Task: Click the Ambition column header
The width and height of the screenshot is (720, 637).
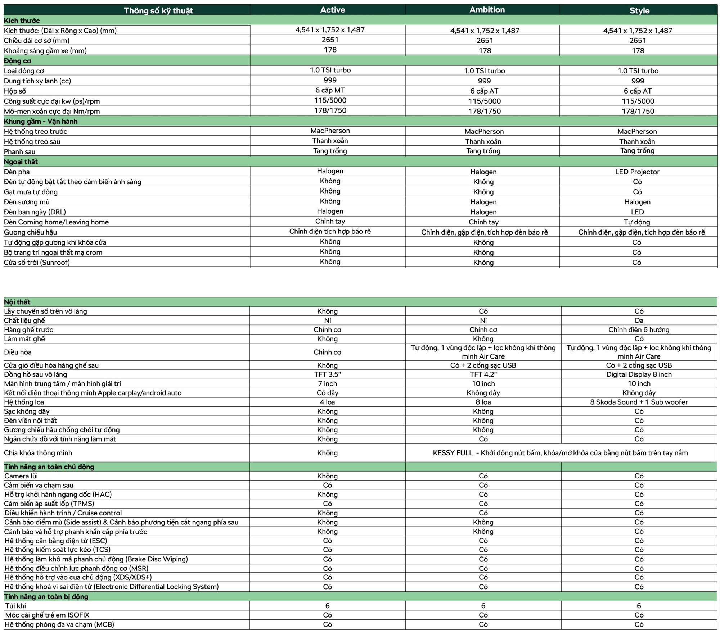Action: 487,10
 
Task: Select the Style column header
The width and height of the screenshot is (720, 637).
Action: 639,10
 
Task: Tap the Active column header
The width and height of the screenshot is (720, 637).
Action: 332,10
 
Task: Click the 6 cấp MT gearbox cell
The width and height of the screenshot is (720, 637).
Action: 330,90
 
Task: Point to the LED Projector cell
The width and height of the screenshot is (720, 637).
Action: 637,172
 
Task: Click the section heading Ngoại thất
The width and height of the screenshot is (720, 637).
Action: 21,161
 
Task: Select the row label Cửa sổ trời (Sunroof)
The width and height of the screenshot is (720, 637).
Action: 37,262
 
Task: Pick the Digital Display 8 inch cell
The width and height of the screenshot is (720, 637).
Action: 639,374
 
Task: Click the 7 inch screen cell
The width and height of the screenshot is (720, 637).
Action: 327,383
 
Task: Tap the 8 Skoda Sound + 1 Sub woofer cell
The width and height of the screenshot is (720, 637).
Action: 639,402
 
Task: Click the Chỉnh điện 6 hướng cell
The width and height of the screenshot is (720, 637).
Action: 639,329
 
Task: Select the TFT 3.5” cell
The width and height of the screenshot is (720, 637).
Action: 327,374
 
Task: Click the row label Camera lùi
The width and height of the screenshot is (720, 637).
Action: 21,476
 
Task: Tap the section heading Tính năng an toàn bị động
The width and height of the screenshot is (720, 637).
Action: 46,596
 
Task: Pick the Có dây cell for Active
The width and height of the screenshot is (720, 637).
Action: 327,393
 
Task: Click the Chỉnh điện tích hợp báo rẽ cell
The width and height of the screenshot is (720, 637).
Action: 330,231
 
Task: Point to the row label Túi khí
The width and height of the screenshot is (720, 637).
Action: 15,606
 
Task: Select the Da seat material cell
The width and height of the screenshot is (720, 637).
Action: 639,320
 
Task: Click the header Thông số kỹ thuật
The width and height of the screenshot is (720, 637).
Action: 158,10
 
